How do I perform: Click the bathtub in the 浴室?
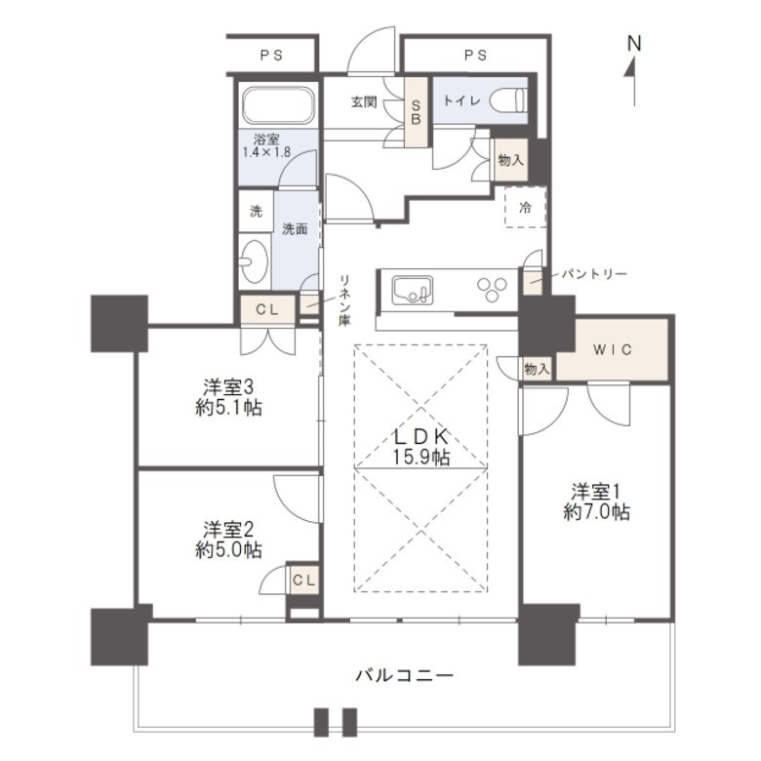tap(278, 105)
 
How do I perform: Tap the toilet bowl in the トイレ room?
tap(508, 100)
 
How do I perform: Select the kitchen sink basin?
tap(412, 290)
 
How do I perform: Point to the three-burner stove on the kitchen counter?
tap(492, 289)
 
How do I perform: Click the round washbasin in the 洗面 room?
tap(255, 262)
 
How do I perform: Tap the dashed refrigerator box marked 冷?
tap(526, 207)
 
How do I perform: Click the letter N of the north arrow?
tap(634, 44)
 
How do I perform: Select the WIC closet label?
tap(613, 349)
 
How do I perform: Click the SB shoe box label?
tap(416, 111)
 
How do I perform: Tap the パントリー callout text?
tap(594, 274)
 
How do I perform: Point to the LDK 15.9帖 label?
tap(421, 447)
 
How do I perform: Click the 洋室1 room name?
tap(595, 492)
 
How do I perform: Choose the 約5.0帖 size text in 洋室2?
tap(228, 550)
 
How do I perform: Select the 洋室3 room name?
tap(228, 387)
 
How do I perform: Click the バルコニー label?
tap(405, 675)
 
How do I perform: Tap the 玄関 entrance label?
tap(364, 102)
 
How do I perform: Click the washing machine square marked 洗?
tap(256, 211)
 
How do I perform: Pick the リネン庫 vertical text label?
tap(345, 300)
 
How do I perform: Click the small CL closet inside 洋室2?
tap(304, 580)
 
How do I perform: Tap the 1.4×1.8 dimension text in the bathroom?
tap(266, 152)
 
